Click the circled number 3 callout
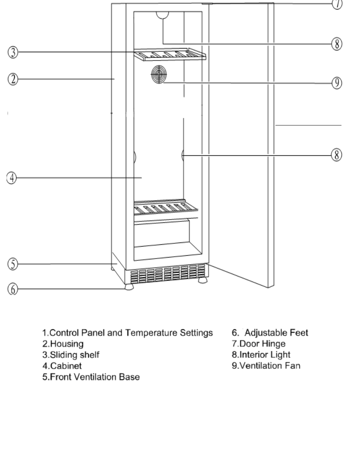(13, 52)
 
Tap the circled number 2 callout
(13, 80)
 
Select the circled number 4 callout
(12, 178)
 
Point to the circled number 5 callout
(13, 264)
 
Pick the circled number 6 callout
(13, 289)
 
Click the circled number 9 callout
(337, 83)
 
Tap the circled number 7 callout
(337, 4)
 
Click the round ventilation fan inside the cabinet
(159, 74)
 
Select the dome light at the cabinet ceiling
(163, 15)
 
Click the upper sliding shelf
(170, 54)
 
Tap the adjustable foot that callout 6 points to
(129, 287)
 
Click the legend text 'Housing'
(67, 344)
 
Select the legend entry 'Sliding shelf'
(71, 355)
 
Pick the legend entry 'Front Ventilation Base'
(91, 377)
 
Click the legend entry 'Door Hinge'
(259, 344)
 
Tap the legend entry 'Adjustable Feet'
(270, 333)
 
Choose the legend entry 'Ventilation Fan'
(266, 366)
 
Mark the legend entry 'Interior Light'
(261, 355)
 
